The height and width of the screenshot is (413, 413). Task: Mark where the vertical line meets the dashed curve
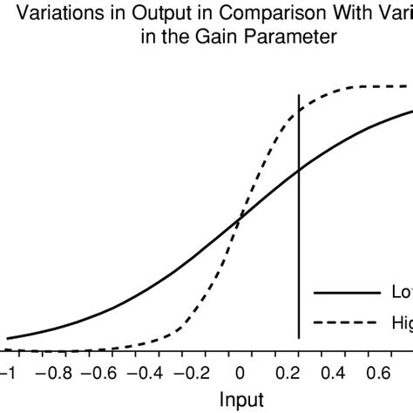coord(299,109)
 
